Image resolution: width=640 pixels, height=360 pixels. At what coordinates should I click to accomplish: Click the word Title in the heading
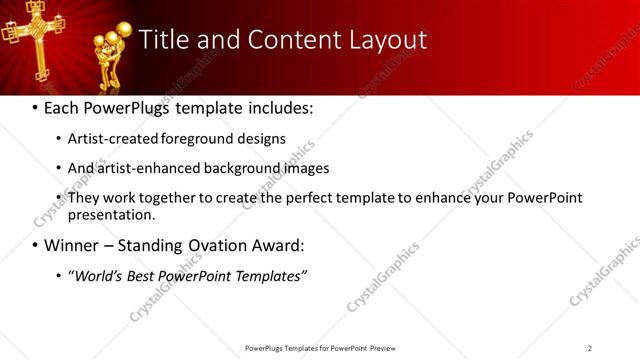164,40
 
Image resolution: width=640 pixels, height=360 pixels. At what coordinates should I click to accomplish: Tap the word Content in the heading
277,40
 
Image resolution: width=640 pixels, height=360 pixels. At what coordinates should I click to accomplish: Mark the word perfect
301,198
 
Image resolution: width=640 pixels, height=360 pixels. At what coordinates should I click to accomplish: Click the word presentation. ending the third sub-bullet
112,215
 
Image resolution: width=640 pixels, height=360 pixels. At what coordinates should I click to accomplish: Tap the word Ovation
221,245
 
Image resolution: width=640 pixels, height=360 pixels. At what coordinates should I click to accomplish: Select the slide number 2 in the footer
590,348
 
